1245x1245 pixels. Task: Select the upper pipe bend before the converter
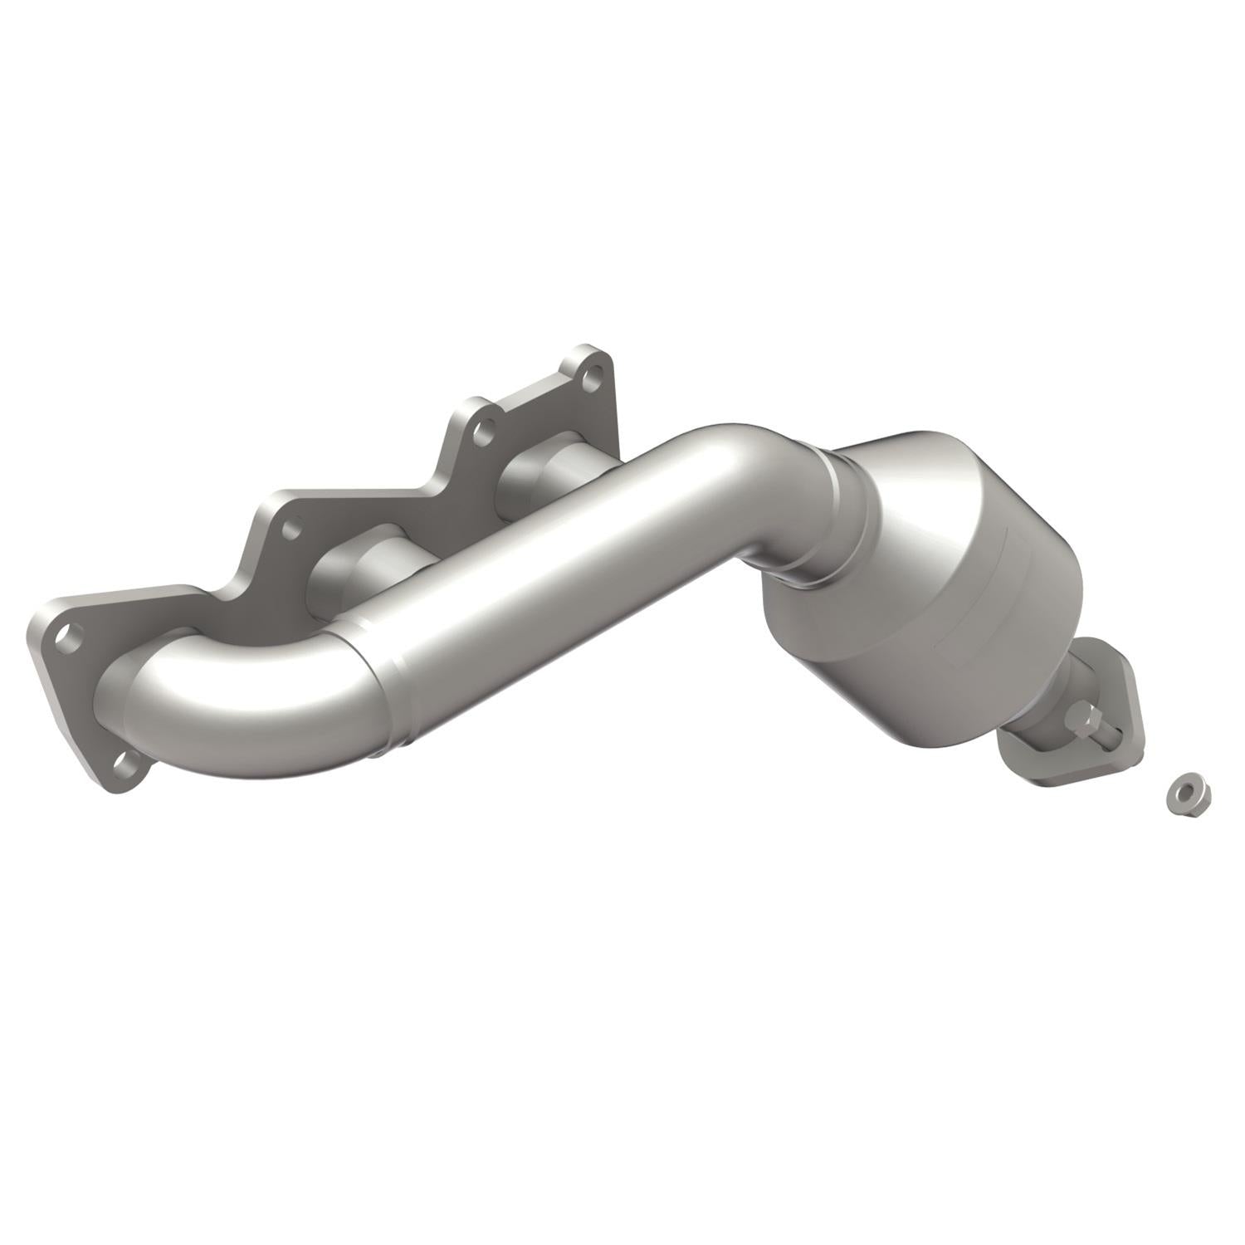pyautogui.click(x=730, y=465)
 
